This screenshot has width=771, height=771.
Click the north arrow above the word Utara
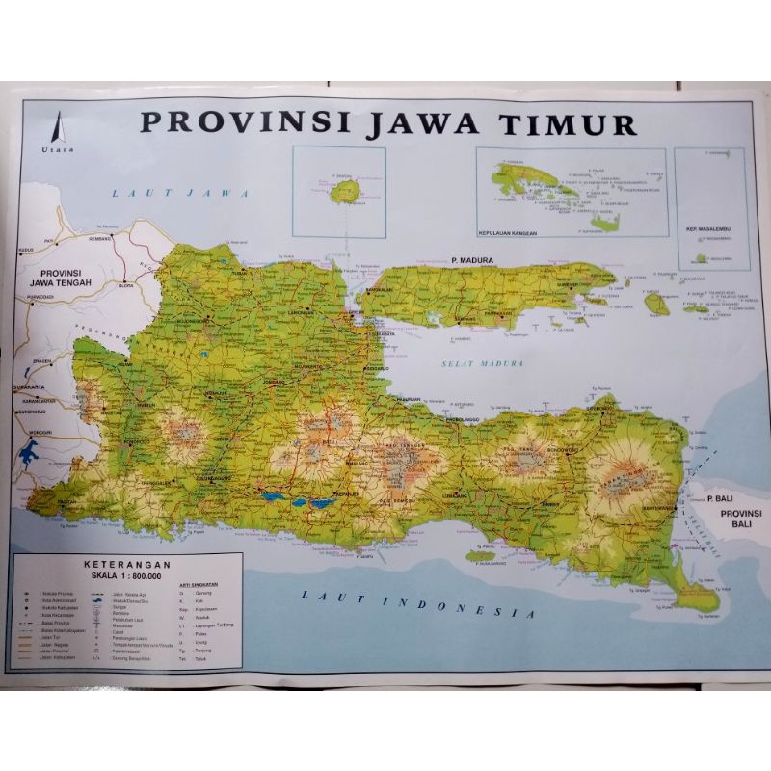pos(57,127)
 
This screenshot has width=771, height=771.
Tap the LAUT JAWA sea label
pos(180,193)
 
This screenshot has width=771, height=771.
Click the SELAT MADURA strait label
pos(482,363)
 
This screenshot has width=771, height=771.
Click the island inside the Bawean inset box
pos(344,192)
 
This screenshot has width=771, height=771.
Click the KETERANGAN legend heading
pos(126,564)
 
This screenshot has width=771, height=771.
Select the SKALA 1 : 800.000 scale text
pos(126,574)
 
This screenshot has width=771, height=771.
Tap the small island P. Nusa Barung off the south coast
pos(479,556)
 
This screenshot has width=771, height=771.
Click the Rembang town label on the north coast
pos(100,238)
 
